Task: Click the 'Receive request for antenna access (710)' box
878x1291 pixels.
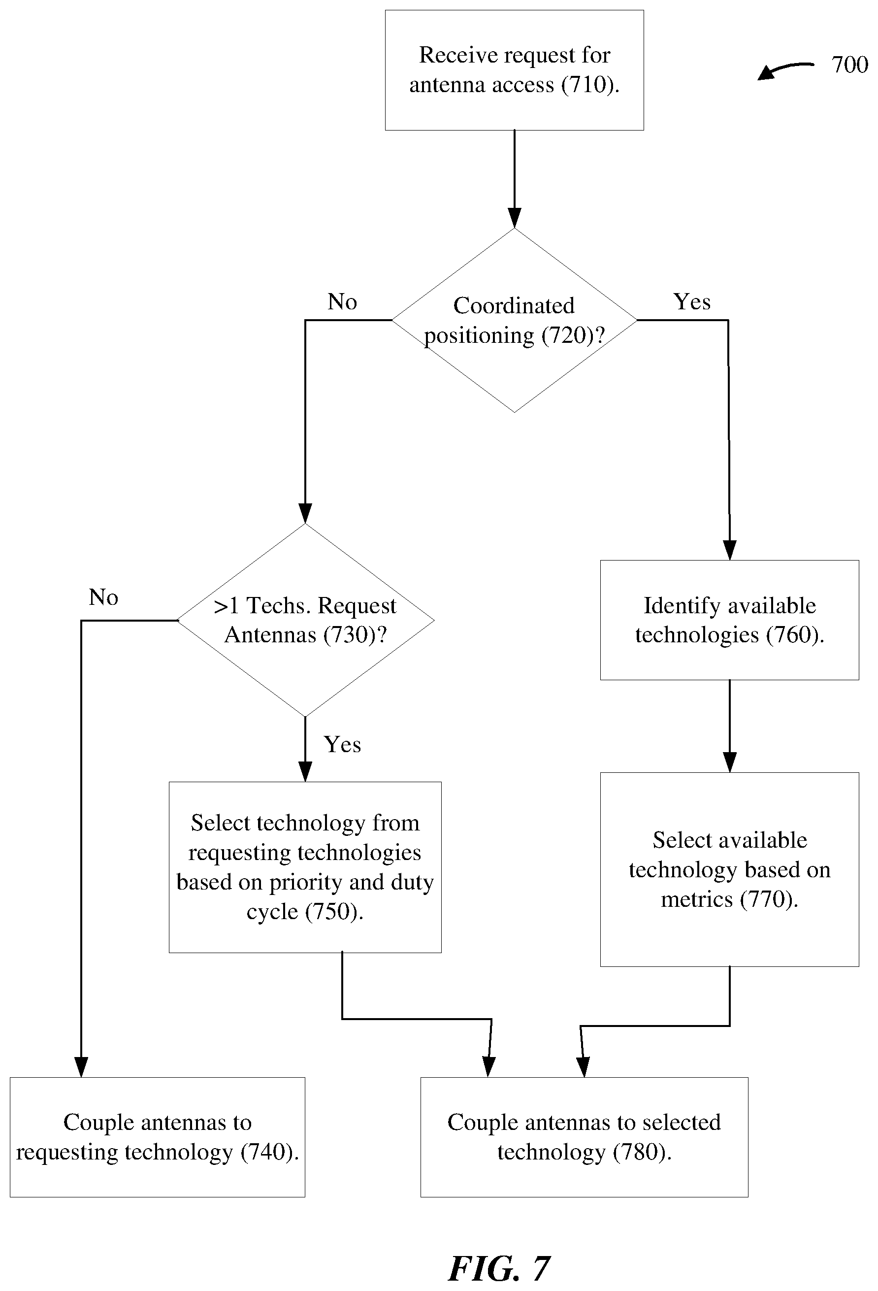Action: click(x=514, y=70)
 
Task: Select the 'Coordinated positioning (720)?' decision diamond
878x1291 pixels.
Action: click(x=514, y=320)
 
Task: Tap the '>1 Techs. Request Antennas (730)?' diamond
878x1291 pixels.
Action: click(x=305, y=620)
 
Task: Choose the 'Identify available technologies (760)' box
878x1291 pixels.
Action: click(x=729, y=620)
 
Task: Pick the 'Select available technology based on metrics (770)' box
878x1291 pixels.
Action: click(x=729, y=869)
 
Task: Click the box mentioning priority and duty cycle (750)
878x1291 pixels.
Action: click(x=305, y=867)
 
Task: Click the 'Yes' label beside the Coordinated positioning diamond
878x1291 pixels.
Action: click(x=692, y=301)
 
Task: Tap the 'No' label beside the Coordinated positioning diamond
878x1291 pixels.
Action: click(x=342, y=301)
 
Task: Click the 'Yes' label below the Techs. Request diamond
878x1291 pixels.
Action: click(x=342, y=744)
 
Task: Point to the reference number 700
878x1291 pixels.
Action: click(x=849, y=65)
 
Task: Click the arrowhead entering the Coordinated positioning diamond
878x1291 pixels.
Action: click(x=515, y=218)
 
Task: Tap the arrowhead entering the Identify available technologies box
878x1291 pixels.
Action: click(x=730, y=550)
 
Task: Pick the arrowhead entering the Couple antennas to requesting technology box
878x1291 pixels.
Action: click(x=82, y=1067)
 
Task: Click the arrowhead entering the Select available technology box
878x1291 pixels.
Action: click(x=730, y=762)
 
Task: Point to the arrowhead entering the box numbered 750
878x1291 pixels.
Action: click(x=305, y=772)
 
